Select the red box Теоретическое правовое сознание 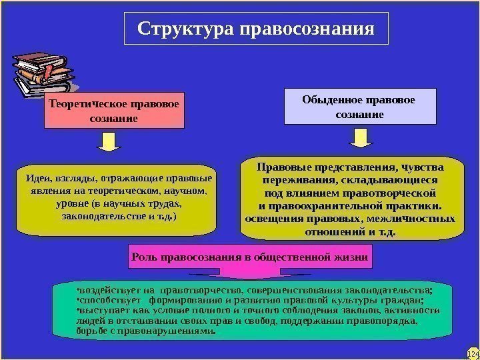click(x=114, y=111)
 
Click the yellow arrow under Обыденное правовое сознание click(x=360, y=137)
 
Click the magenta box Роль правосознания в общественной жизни click(x=251, y=257)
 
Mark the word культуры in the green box click(x=370, y=301)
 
